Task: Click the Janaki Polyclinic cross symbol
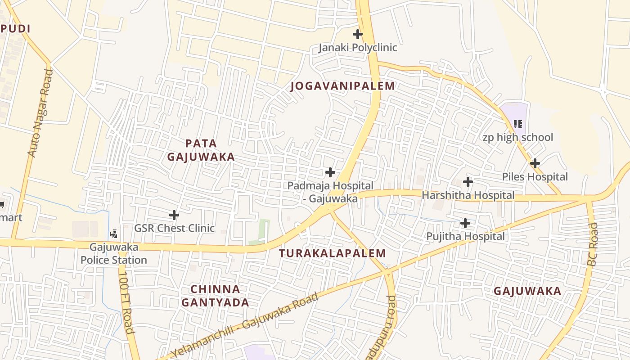(357, 34)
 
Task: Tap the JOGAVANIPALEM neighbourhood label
(343, 86)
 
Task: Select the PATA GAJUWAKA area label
(201, 150)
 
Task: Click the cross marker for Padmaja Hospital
(330, 172)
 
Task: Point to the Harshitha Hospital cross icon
(468, 182)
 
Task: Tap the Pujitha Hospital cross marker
(465, 223)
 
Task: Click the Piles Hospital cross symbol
(535, 163)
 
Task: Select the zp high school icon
(518, 124)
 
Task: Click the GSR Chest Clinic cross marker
(174, 215)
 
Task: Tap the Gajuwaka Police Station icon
(114, 234)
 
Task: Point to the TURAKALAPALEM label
(333, 253)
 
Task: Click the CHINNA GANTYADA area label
(215, 296)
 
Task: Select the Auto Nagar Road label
(40, 113)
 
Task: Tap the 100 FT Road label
(126, 302)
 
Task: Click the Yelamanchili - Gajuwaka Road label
(245, 325)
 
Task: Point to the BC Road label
(593, 244)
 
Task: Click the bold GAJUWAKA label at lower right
(527, 291)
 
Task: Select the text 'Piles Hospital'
(535, 177)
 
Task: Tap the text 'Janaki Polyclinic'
(358, 48)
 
